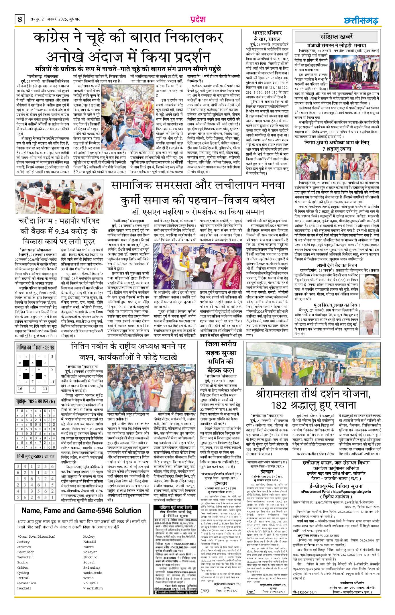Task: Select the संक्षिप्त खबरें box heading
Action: click(x=337, y=37)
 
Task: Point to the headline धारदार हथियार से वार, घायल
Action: click(x=267, y=36)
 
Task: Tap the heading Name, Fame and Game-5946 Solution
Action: click(x=81, y=510)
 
